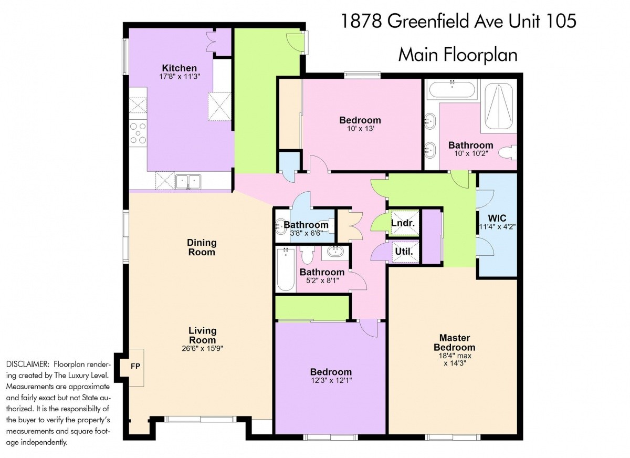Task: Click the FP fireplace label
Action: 135,366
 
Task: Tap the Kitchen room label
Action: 180,68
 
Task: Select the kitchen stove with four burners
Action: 138,133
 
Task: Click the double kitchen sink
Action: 188,181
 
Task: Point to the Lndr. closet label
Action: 403,223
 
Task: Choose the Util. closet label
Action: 404,251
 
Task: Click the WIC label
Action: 497,218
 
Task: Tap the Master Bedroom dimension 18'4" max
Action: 455,356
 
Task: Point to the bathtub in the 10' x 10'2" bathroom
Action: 452,89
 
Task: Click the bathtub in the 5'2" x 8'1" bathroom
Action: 286,269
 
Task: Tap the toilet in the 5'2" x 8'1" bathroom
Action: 307,255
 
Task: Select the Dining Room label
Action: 202,247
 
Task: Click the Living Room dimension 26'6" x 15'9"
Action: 202,348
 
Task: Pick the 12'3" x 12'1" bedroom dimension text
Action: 331,380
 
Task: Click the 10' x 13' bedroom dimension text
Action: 360,129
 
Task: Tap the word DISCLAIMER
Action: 27,364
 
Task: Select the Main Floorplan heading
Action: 458,55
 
